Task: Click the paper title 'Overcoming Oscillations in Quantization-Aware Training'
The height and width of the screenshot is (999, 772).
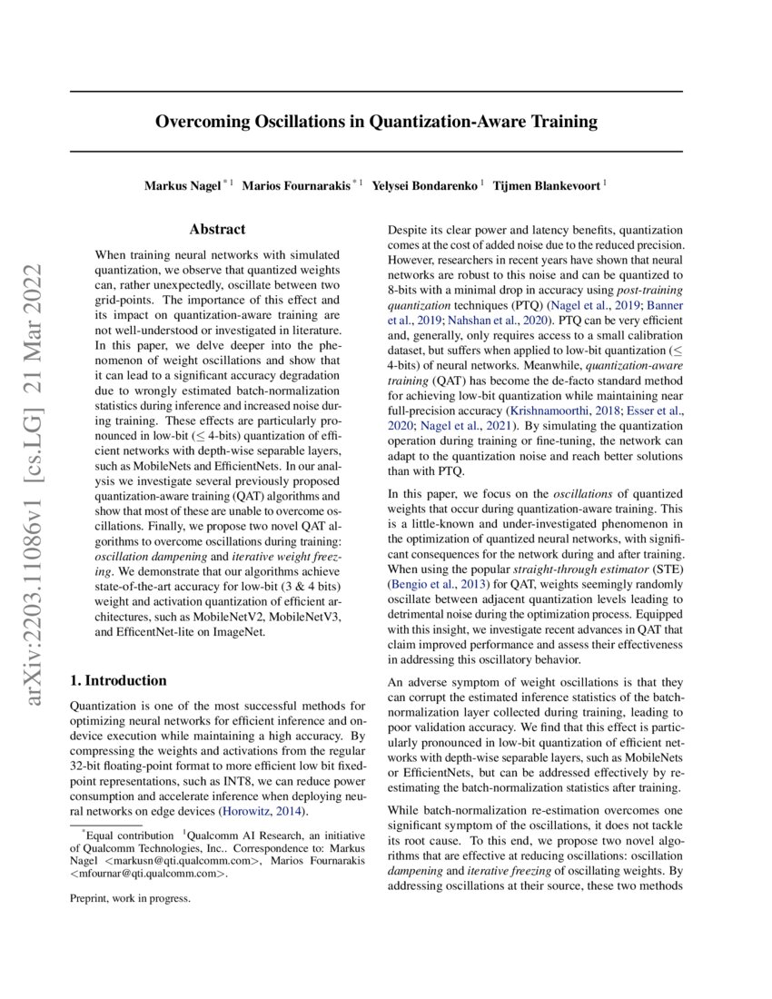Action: (376, 121)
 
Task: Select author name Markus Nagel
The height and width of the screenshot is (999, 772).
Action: (183, 185)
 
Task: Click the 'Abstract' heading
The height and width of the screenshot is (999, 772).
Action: (218, 232)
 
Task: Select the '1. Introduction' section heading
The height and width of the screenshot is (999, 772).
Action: (118, 680)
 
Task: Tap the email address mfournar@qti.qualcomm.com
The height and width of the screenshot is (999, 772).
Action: (149, 875)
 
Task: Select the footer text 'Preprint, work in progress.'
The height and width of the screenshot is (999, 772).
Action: (130, 899)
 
